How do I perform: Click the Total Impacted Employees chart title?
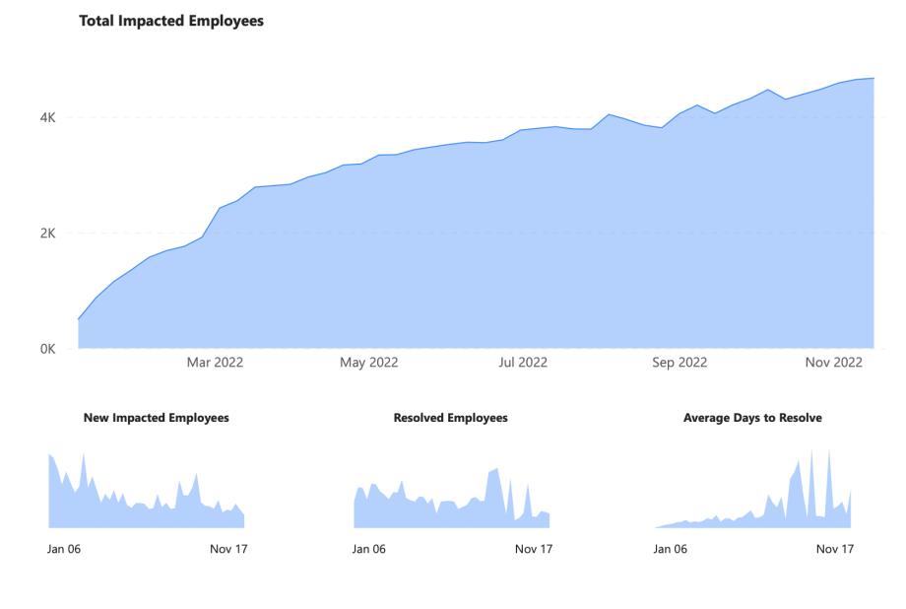171,21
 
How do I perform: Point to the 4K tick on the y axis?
48,117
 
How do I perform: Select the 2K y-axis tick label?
48,234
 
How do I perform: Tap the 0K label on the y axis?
48,349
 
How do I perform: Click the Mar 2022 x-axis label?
215,363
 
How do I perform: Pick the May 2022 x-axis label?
369,363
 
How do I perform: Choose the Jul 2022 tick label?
523,363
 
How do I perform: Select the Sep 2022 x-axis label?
679,363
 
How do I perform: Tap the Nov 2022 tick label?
834,363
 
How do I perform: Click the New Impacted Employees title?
157,418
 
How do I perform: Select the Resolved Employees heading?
450,418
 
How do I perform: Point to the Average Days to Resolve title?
752,418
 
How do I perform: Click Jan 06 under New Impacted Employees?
64,549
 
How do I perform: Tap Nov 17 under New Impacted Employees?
228,549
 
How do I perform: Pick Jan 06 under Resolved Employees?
369,549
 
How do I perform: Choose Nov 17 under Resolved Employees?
534,549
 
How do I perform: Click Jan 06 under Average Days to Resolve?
671,549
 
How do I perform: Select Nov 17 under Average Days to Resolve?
835,549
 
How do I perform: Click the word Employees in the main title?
226,21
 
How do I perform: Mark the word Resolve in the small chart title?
801,418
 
